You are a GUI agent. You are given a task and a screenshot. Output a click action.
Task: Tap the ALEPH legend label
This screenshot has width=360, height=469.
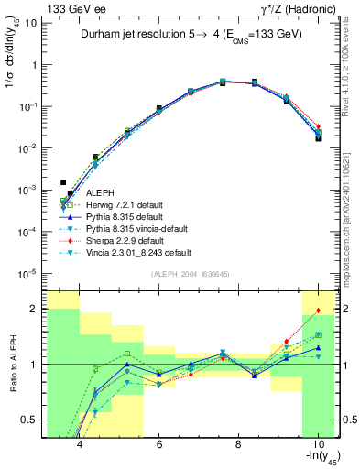click(x=100, y=192)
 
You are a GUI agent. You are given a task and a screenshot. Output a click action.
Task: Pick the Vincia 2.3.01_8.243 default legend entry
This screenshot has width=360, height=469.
click(x=138, y=252)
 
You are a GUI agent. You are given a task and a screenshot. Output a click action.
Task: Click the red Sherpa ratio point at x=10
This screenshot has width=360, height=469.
click(x=318, y=311)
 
